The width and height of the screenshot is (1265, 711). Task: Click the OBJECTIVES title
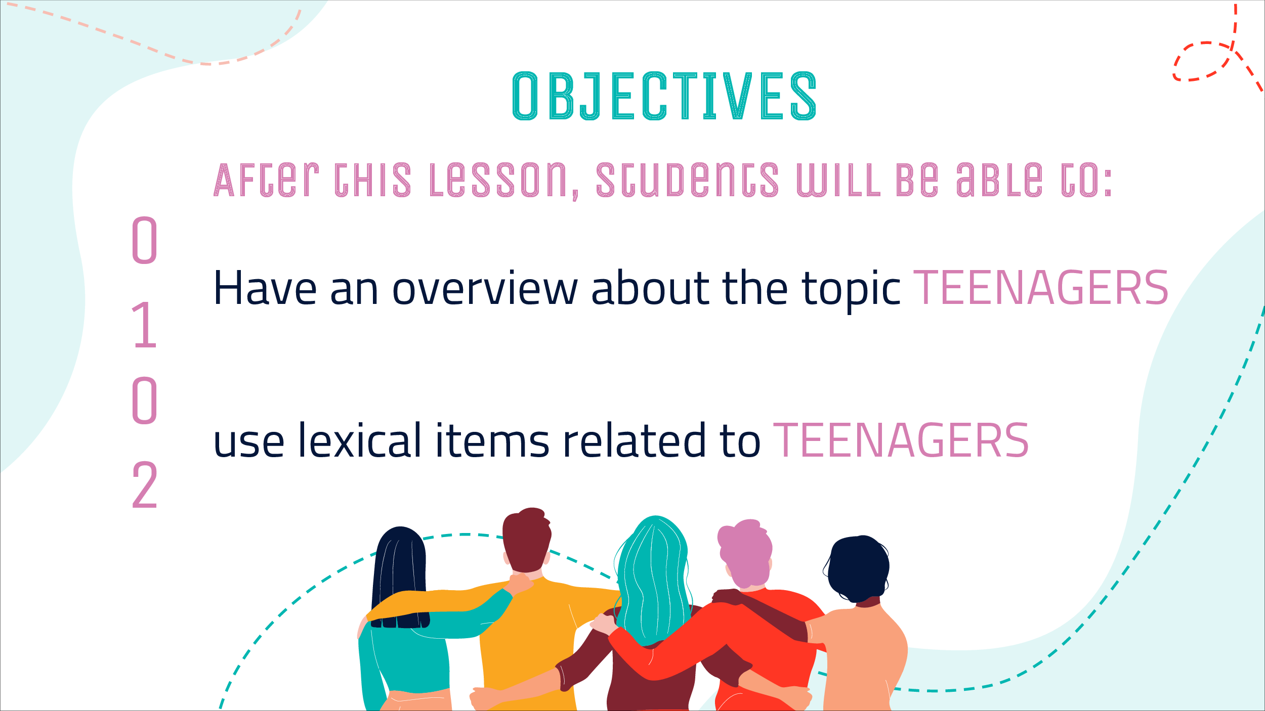tap(664, 96)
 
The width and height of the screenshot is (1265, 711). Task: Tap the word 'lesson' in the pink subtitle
tap(498, 180)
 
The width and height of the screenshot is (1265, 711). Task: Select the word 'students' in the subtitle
tap(688, 180)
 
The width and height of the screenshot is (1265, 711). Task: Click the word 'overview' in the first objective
tap(485, 288)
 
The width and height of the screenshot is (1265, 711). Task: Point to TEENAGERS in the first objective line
tap(1041, 288)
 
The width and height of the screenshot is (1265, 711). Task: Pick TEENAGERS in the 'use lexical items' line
tap(901, 440)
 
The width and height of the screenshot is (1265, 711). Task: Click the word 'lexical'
tap(360, 440)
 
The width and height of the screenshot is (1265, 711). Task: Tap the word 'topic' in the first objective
tap(851, 291)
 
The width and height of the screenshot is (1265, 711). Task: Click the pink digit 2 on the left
tap(145, 485)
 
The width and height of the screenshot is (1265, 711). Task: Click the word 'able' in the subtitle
tap(999, 180)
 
